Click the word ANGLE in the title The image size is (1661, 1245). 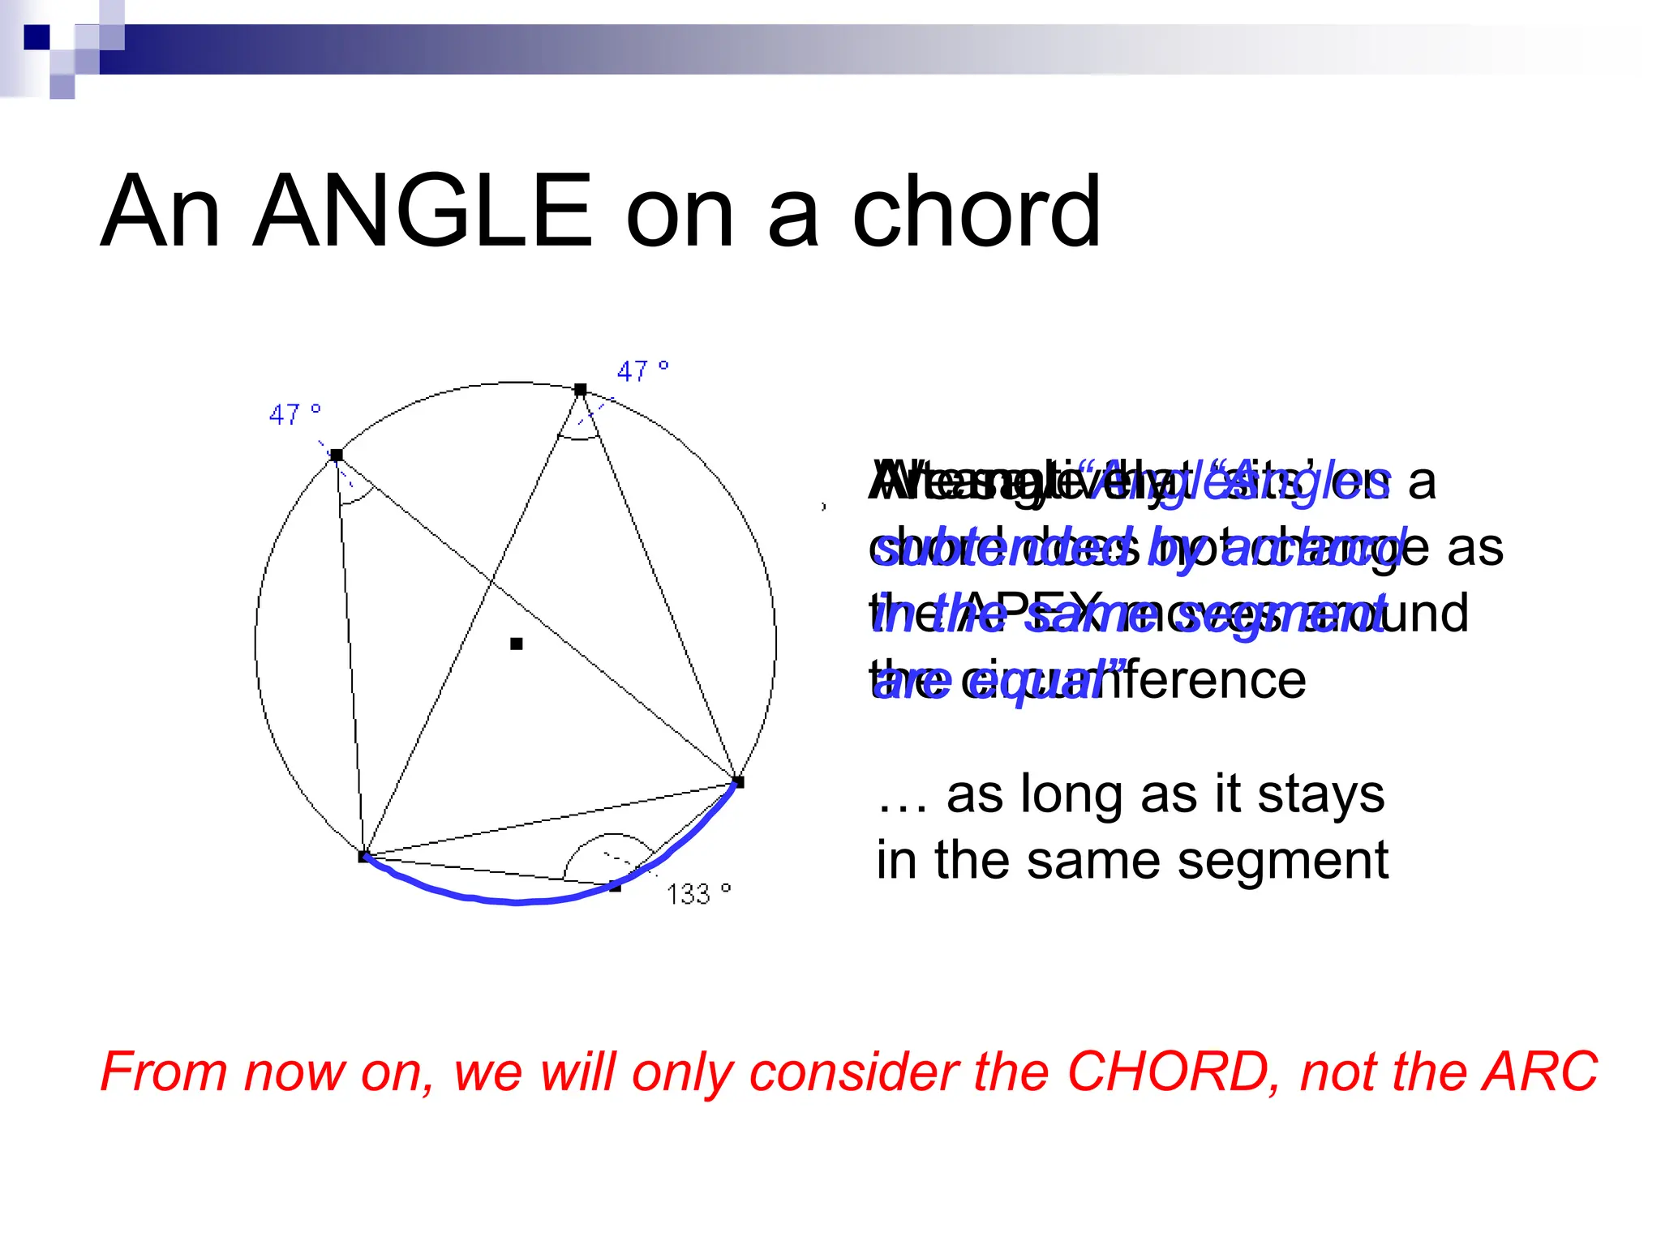pos(422,212)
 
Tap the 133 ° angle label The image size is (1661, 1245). pos(698,894)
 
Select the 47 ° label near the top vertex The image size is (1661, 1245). pos(642,371)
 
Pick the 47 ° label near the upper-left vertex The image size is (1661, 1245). pos(294,415)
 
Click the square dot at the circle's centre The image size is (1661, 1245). pos(517,644)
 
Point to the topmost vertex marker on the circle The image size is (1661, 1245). pos(580,390)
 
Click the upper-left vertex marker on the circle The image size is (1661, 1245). pos(337,456)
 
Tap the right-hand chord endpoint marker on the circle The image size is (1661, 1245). pos(738,782)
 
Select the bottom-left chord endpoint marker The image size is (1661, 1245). pos(363,856)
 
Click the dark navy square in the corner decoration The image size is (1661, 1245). pos(37,36)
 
